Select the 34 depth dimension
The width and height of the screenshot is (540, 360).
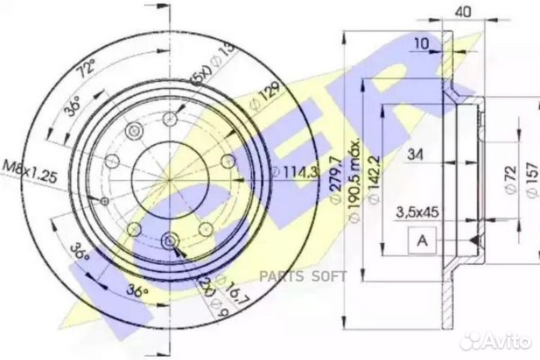[x=418, y=155]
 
